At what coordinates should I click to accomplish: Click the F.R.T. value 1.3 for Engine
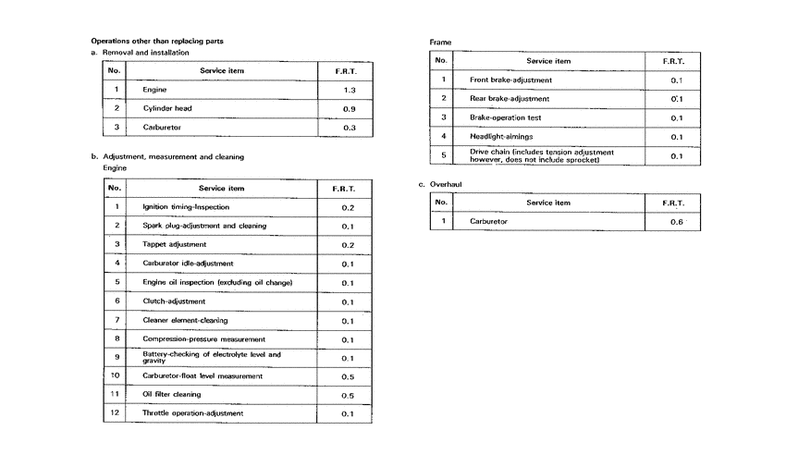[x=349, y=90]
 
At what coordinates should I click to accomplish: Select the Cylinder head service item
[x=167, y=108]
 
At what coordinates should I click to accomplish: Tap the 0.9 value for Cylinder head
[x=349, y=108]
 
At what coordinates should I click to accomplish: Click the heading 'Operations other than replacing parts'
[x=156, y=41]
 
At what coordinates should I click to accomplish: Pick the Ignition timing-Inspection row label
[x=186, y=207]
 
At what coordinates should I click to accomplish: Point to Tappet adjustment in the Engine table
[x=175, y=244]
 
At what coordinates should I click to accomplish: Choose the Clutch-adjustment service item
[x=174, y=301]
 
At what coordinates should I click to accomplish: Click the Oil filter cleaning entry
[x=172, y=395]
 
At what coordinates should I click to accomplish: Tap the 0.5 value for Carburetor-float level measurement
[x=348, y=376]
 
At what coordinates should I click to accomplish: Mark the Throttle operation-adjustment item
[x=193, y=413]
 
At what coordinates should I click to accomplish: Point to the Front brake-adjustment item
[x=510, y=80]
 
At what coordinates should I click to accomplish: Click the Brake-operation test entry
[x=505, y=117]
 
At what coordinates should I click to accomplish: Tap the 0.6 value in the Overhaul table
[x=676, y=222]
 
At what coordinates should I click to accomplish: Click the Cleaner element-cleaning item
[x=185, y=321]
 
